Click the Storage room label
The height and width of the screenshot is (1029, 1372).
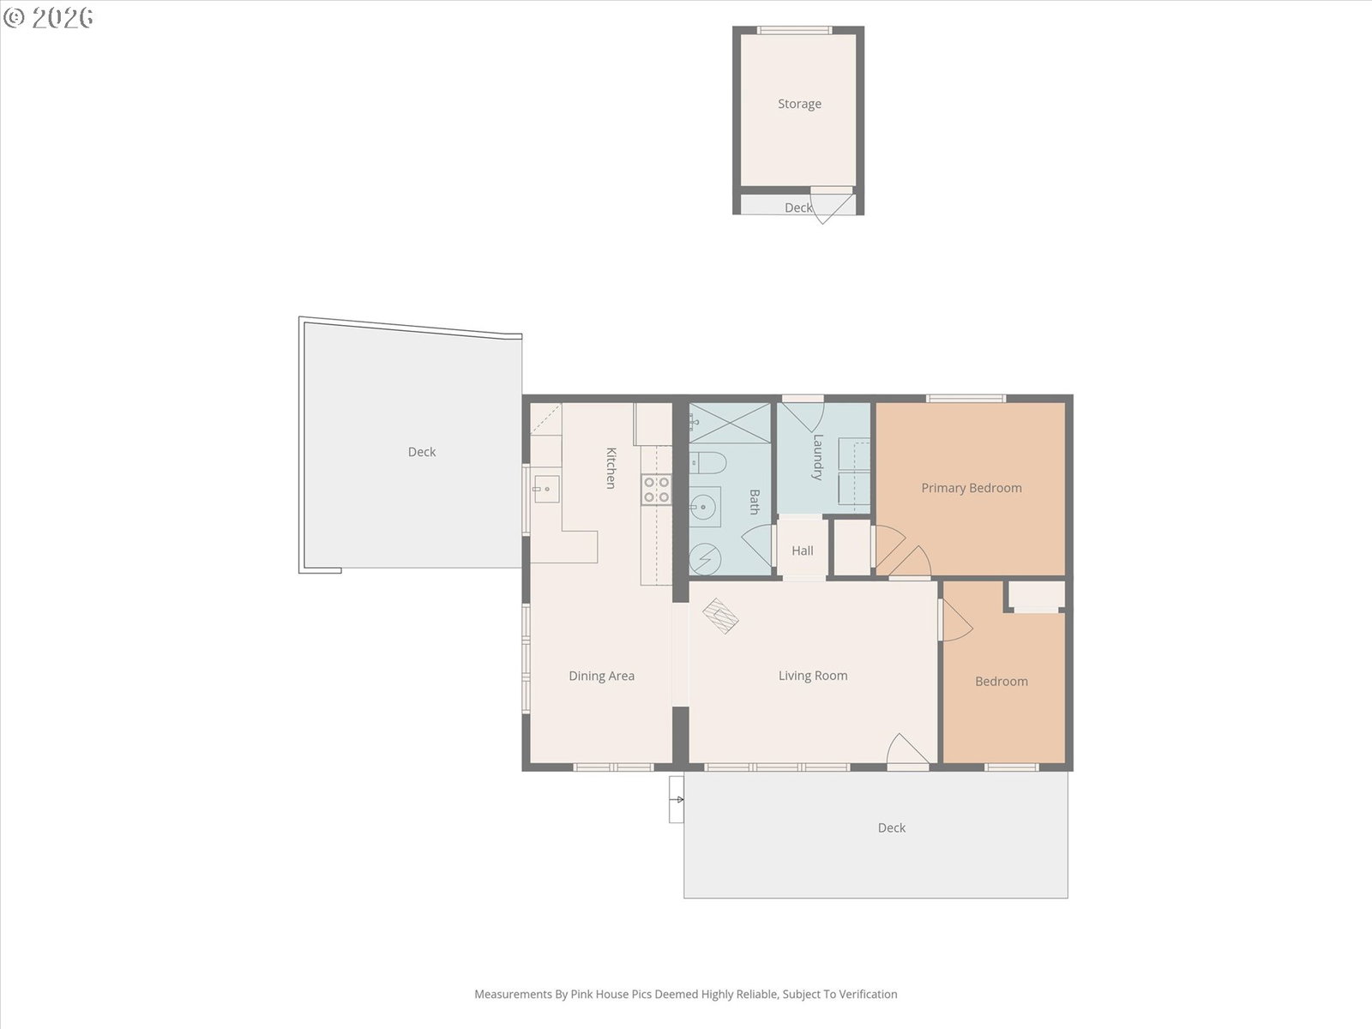(799, 104)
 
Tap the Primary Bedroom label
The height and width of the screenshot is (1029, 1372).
(972, 488)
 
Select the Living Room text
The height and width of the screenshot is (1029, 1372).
(813, 676)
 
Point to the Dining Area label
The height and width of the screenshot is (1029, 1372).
(601, 676)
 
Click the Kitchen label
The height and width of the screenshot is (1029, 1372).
(611, 468)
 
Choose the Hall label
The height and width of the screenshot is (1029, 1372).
(803, 551)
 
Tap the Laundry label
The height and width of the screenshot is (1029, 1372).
(817, 457)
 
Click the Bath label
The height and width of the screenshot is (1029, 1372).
(755, 502)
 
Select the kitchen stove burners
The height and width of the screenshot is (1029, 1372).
(656, 489)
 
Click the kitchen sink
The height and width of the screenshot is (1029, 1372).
(546, 489)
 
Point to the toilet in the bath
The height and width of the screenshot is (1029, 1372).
(708, 463)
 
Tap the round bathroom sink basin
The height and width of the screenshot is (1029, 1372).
(704, 507)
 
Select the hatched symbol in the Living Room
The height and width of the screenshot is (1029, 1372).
(720, 616)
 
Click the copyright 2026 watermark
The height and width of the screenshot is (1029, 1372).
(48, 17)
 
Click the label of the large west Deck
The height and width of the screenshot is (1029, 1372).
(422, 452)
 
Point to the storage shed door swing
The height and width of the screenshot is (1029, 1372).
(833, 204)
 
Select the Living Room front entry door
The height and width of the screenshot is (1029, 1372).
(907, 750)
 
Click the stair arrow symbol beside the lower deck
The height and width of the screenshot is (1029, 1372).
(677, 800)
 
